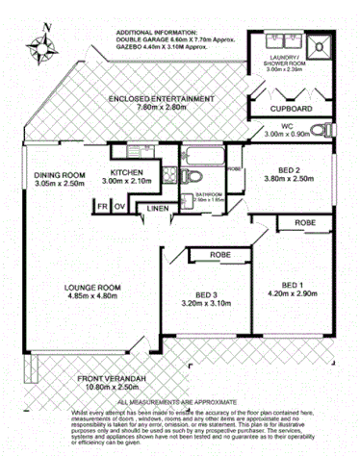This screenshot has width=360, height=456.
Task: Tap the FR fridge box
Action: click(101, 205)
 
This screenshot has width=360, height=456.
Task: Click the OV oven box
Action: click(119, 205)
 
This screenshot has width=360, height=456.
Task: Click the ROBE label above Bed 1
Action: click(304, 222)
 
